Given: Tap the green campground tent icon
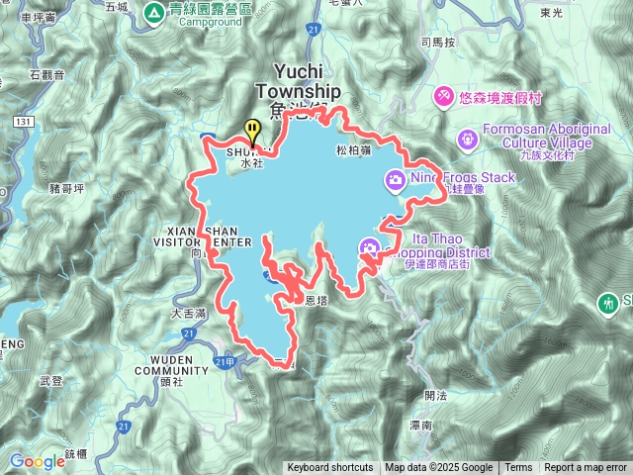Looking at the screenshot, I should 154,13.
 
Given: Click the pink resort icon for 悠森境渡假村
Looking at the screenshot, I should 445,95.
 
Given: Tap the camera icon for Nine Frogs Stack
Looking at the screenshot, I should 395,178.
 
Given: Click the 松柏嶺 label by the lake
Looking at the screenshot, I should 353,151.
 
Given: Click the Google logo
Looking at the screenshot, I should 37,461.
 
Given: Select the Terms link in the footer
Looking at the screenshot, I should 518,468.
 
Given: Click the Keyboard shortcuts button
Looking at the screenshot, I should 330,468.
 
